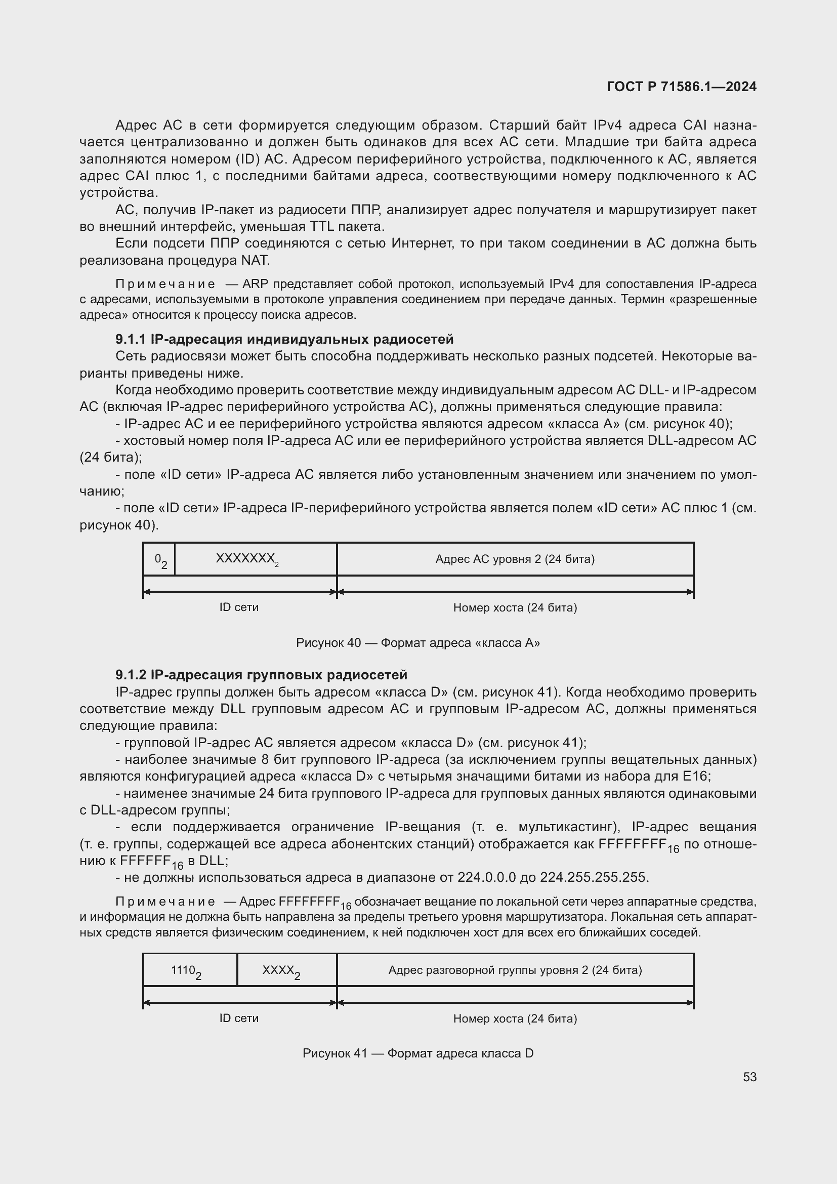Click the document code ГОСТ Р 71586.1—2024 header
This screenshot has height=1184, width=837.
point(681,87)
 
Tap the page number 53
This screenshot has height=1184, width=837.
point(749,1077)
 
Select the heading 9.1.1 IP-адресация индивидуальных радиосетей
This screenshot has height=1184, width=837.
point(284,339)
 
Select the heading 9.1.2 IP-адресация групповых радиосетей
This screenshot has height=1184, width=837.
point(261,674)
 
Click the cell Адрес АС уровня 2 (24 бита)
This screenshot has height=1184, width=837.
point(515,559)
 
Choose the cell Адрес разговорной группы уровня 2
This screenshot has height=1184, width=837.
point(515,970)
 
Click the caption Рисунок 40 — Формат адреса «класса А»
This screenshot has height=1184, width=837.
point(418,642)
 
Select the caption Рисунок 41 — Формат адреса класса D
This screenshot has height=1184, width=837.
point(418,1053)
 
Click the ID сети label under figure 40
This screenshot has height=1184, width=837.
point(239,607)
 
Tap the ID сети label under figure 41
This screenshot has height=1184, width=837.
point(239,1018)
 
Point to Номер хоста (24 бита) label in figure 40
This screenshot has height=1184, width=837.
point(515,607)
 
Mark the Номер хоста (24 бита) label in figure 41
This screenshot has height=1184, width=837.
point(515,1018)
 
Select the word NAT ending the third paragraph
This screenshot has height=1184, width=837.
point(255,260)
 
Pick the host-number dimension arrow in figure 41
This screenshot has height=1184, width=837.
point(515,1002)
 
